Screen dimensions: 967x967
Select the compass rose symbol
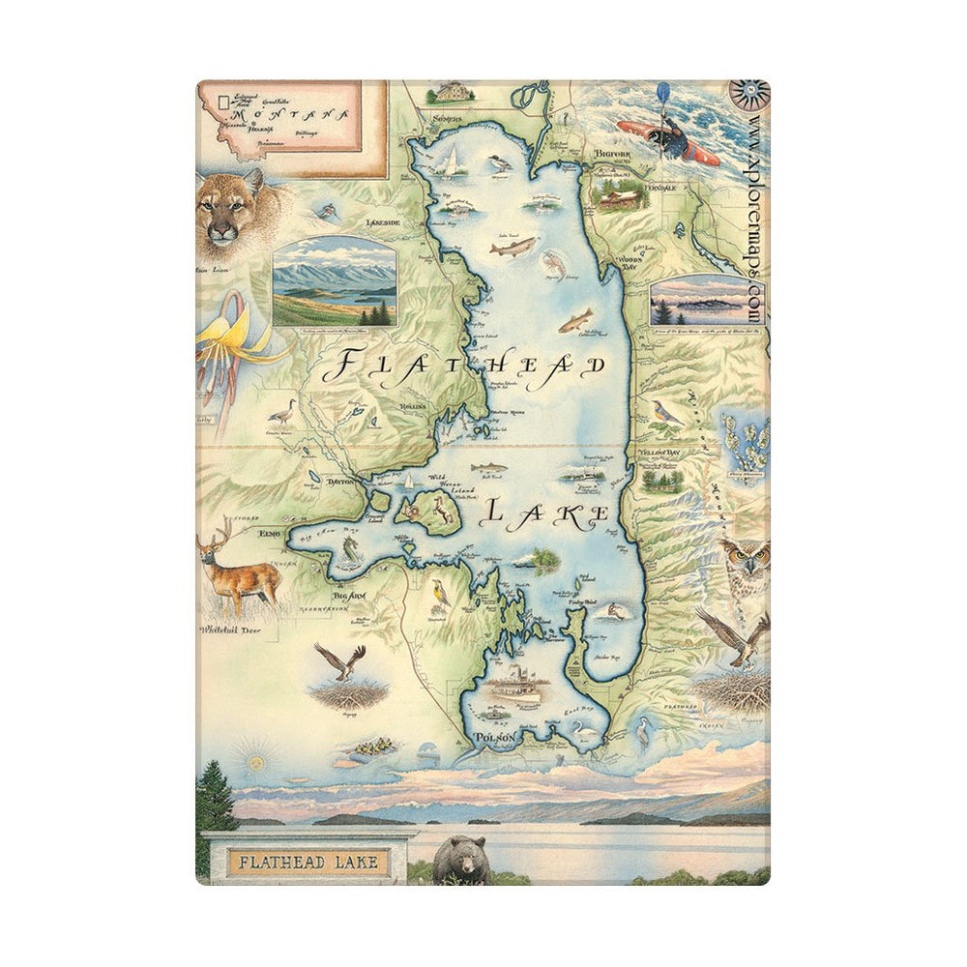(x=753, y=94)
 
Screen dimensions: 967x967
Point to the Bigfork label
(x=612, y=153)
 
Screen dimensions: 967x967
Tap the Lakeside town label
(x=382, y=222)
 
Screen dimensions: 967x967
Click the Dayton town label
(x=341, y=481)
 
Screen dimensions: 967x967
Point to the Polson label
(x=493, y=738)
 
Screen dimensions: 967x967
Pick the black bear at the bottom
(x=458, y=859)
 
